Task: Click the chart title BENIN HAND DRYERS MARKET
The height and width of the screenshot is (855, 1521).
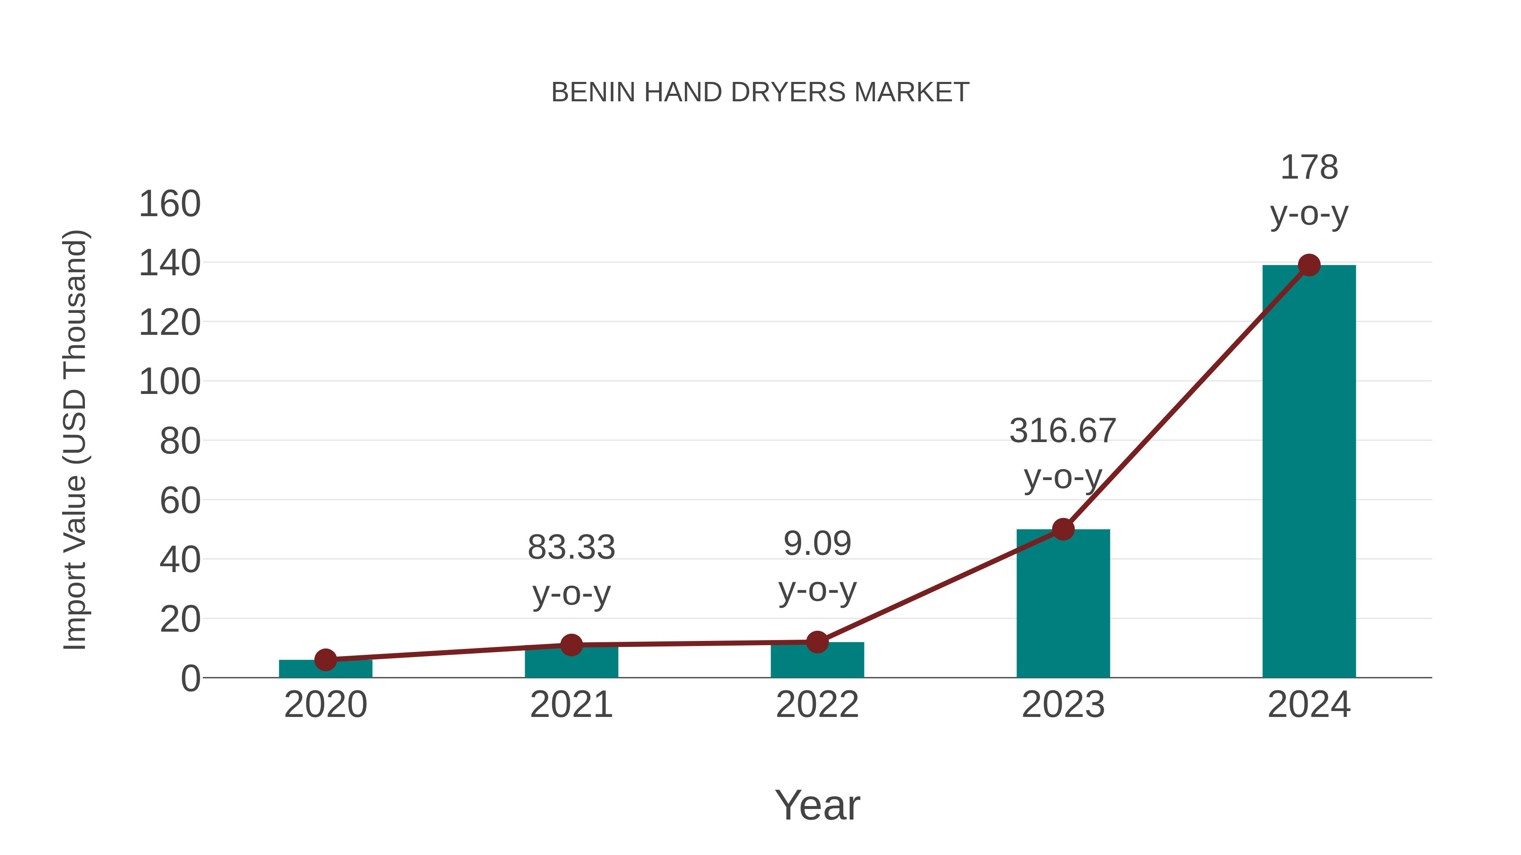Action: tap(760, 92)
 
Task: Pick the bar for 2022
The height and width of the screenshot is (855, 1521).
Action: tap(817, 661)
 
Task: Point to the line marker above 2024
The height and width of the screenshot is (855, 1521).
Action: tap(1309, 266)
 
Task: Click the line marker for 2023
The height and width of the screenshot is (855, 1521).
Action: tap(1063, 529)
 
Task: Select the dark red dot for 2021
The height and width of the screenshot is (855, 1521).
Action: tap(571, 645)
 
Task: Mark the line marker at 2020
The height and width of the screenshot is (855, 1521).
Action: tap(325, 660)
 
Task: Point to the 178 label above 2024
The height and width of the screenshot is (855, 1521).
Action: tap(1309, 168)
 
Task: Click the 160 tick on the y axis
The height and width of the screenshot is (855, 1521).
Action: tap(169, 204)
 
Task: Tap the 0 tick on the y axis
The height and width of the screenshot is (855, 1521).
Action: tap(190, 679)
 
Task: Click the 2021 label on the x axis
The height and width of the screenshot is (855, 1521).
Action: tap(571, 705)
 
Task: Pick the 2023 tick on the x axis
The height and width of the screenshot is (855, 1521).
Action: tap(1063, 705)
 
